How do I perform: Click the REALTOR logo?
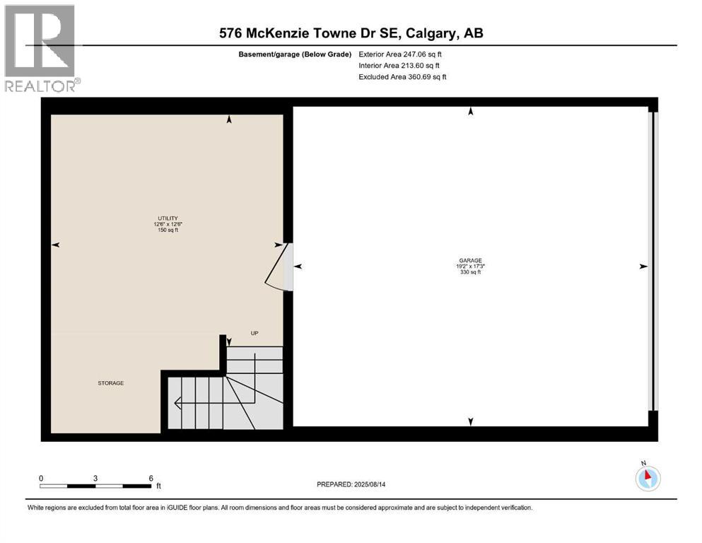pyautogui.click(x=40, y=47)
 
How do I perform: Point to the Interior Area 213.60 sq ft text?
pyautogui.click(x=401, y=66)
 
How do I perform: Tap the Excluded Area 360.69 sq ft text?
pyautogui.click(x=402, y=77)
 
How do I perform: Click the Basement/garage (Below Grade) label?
pyautogui.click(x=295, y=54)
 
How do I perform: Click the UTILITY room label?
pyautogui.click(x=168, y=218)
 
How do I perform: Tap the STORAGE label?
pyautogui.click(x=111, y=383)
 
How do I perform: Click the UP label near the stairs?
pyautogui.click(x=255, y=332)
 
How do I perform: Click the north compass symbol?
pyautogui.click(x=648, y=478)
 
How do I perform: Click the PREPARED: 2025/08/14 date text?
pyautogui.click(x=353, y=484)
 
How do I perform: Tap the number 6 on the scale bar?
pyautogui.click(x=151, y=478)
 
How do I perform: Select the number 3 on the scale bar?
pyautogui.click(x=95, y=478)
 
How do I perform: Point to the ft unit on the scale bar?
pyautogui.click(x=159, y=486)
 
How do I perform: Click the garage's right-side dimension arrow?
pyautogui.click(x=643, y=267)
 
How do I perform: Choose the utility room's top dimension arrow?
pyautogui.click(x=228, y=121)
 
